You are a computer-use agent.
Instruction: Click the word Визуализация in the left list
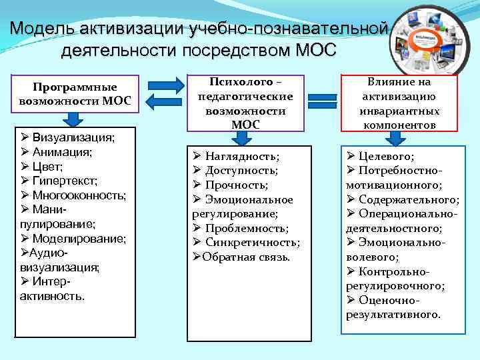[73, 137]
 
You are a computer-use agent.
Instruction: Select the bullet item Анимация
[64, 152]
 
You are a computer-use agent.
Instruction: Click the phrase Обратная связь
[246, 257]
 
